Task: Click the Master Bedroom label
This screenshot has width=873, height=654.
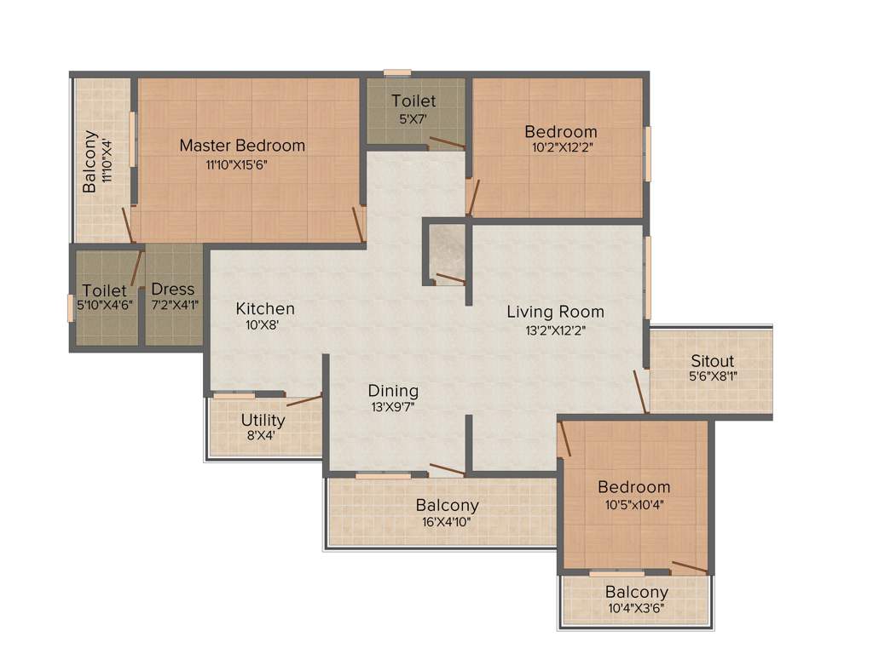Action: [242, 146]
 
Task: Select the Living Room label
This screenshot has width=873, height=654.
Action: [555, 312]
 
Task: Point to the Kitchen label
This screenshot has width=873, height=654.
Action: [265, 308]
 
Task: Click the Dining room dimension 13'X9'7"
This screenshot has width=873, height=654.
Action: [393, 407]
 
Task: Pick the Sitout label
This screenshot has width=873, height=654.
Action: [712, 361]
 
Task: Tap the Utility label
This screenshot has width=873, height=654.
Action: [263, 421]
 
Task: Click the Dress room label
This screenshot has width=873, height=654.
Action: [173, 290]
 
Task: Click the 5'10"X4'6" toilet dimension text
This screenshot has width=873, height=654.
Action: [105, 305]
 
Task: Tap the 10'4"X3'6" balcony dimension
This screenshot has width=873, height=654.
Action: [636, 609]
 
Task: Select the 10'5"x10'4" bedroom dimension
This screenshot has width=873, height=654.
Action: [633, 503]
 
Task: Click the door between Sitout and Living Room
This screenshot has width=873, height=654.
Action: [641, 392]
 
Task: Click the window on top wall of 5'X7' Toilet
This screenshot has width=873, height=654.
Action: [397, 73]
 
